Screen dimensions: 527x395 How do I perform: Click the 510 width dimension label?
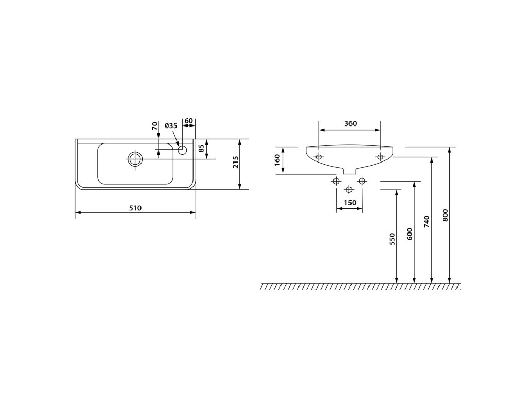tap(135, 208)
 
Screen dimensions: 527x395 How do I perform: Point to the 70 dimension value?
tap(154, 127)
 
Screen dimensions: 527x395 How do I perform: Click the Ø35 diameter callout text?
tap(171, 126)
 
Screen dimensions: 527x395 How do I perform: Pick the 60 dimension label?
tap(188, 121)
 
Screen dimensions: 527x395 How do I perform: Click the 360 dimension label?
tap(350, 124)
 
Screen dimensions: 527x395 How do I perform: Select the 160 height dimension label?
tap(277, 160)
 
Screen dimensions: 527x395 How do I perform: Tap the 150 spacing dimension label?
tap(349, 202)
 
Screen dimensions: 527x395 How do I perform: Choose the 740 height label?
tap(427, 221)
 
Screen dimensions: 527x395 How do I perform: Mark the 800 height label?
tap(445, 215)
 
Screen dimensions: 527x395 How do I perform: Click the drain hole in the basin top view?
tap(135, 158)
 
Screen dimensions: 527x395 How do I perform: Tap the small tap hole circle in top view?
tap(182, 150)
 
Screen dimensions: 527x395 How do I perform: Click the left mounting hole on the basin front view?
tap(319, 157)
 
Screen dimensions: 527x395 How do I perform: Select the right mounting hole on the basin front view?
tap(380, 157)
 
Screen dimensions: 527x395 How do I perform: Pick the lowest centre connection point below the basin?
tap(349, 190)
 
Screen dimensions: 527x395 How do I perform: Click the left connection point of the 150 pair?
tap(337, 181)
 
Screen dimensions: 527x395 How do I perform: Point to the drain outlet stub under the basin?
tap(349, 170)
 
